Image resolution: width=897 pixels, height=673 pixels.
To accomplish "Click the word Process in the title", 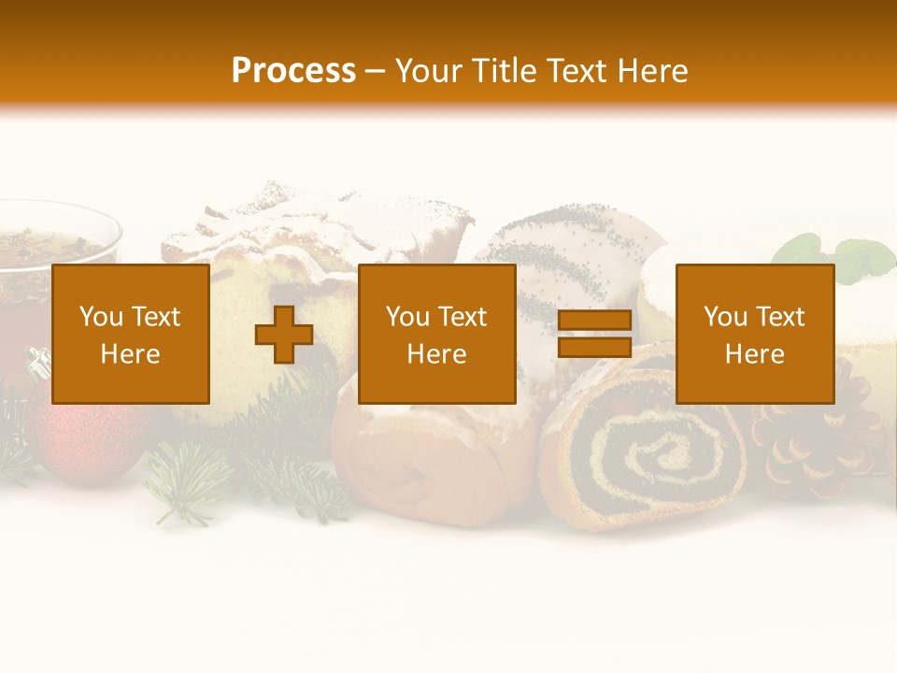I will pyautogui.click(x=293, y=71).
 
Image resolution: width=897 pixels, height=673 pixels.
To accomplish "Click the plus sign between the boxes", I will pyautogui.click(x=284, y=335).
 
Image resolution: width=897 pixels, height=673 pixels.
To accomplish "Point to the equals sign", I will pyautogui.click(x=594, y=335).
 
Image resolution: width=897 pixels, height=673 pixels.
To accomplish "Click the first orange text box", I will pyautogui.click(x=130, y=334).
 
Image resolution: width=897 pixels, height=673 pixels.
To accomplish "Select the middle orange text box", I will pyautogui.click(x=436, y=334).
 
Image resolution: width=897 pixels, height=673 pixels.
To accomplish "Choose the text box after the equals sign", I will pyautogui.click(x=754, y=334).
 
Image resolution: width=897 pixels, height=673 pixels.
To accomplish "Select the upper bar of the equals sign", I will pyautogui.click(x=594, y=321).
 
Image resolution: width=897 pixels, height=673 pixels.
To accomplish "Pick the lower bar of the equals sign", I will pyautogui.click(x=594, y=347).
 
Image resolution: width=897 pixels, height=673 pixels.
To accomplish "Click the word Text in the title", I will pyautogui.click(x=572, y=71).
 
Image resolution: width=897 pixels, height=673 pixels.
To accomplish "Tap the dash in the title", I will pyautogui.click(x=376, y=71).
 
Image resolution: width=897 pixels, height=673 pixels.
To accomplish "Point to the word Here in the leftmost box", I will pyautogui.click(x=130, y=354).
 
